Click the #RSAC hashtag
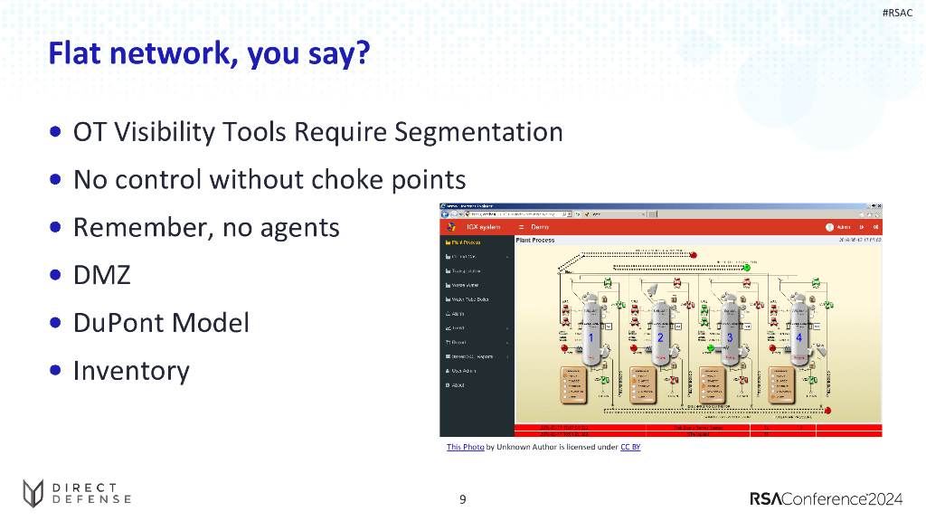pos(897,13)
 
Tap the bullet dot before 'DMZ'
pos(56,275)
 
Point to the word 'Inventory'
pos(131,371)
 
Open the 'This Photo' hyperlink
pos(465,447)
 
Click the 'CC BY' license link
pos(630,447)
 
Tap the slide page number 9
pos(463,499)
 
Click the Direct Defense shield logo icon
pos(33,493)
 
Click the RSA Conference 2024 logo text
pos(827,498)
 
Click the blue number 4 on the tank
pos(799,336)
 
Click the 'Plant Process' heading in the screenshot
pos(534,241)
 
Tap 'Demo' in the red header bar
pos(540,227)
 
